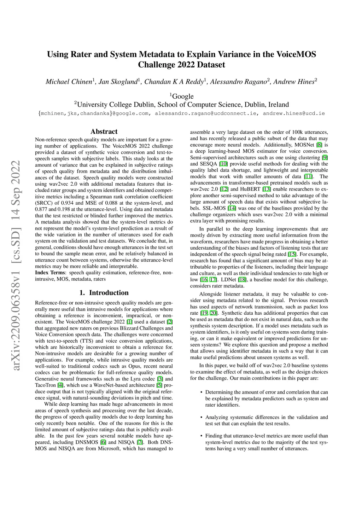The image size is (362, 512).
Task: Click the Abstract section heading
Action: [104, 132]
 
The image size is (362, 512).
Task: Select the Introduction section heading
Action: [104, 293]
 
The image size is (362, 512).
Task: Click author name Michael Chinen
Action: [69, 82]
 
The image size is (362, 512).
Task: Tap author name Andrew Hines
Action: [294, 82]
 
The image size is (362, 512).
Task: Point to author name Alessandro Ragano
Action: [239, 82]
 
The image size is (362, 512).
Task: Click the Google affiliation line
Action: [182, 96]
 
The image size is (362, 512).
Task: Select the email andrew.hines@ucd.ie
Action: [293, 114]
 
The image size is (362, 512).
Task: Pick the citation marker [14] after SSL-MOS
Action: [232, 208]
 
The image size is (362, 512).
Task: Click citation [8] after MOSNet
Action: [319, 145]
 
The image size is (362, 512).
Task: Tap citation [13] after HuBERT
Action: [266, 189]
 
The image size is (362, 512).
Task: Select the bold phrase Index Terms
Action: [50, 273]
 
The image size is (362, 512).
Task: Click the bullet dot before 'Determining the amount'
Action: [201, 392]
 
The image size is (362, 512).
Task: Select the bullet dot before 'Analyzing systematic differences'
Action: [201, 417]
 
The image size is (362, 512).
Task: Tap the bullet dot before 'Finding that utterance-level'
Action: [201, 436]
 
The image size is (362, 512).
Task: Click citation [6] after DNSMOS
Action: [103, 442]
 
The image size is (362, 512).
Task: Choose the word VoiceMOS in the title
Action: [296, 54]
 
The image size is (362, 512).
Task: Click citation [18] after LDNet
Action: [242, 280]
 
